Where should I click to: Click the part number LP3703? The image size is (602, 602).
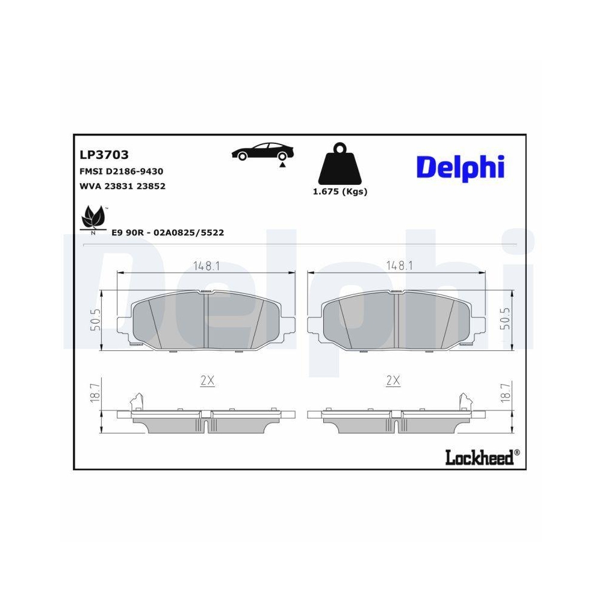coord(104,155)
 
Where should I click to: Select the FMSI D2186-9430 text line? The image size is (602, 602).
coord(121,172)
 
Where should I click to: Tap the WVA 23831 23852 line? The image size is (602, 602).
coord(122,186)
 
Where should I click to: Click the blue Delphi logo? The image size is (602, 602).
coord(460,167)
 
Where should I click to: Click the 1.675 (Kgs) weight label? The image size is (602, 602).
coord(340,192)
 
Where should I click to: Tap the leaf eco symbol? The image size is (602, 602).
coord(93,218)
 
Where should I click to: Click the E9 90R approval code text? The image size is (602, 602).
coord(168,232)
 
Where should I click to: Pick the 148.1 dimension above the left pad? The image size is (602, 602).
coord(205,265)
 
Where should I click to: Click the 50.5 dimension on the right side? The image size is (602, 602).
coord(505,319)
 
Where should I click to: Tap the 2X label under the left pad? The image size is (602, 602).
coord(207,380)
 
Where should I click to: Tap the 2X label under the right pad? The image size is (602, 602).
coord(393,380)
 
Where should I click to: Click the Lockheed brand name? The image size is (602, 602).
coord(479,458)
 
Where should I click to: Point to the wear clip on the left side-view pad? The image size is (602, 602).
coord(137,401)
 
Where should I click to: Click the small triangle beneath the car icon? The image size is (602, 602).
coord(282,164)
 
